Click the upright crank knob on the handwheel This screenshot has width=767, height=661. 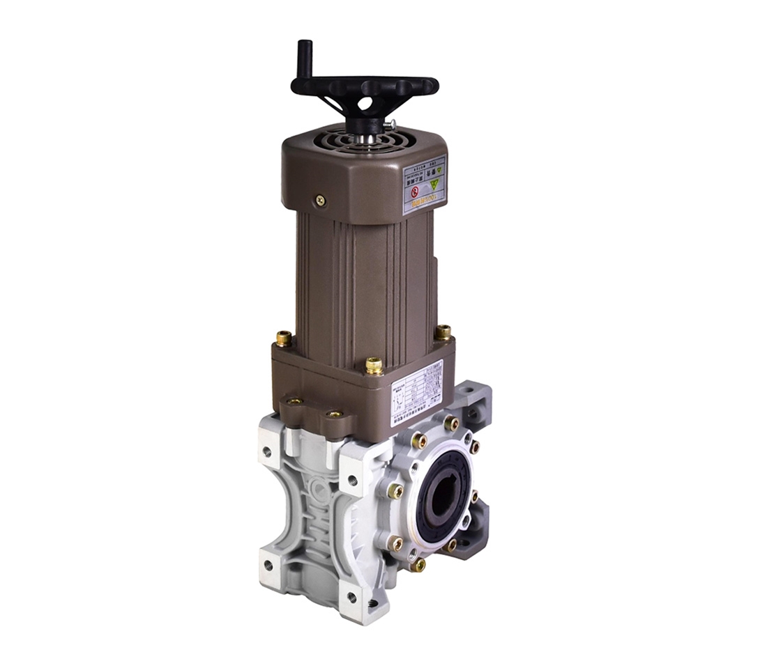pyautogui.click(x=304, y=59)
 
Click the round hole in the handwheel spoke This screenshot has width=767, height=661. pyautogui.click(x=365, y=103)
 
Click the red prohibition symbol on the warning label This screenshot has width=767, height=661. pyautogui.click(x=415, y=190)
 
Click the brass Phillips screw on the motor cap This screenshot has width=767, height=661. pyautogui.click(x=320, y=200)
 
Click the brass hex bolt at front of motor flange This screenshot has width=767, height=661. pyautogui.click(x=374, y=366)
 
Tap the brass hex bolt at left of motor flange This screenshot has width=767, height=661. pyautogui.click(x=284, y=339)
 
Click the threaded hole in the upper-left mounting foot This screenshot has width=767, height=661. pyautogui.click(x=267, y=451)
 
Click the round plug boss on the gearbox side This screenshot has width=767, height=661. pyautogui.click(x=319, y=490)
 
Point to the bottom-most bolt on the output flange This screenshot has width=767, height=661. pyautogui.click(x=418, y=564)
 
